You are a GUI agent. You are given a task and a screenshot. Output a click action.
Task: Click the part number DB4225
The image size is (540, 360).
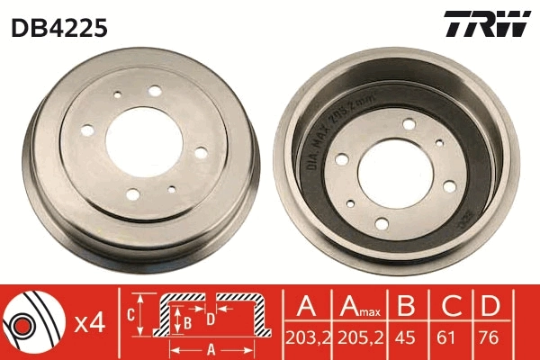point(59,28)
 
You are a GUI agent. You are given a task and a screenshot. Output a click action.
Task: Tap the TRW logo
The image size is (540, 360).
point(486,24)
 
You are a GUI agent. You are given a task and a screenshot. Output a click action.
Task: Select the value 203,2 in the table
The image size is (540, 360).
point(307,339)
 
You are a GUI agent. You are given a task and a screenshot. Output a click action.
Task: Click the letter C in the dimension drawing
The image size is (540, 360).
point(131,314)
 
